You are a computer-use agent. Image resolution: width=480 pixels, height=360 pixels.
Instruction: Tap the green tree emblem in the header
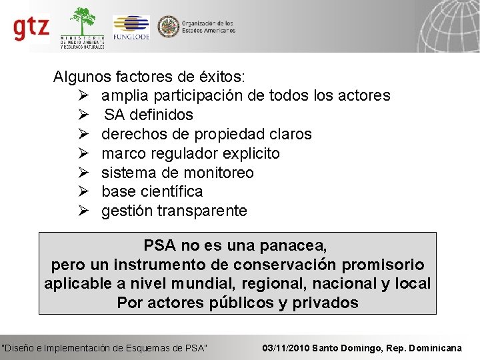coord(83,21)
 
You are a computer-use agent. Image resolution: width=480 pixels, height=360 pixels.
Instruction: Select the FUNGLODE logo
coord(131,27)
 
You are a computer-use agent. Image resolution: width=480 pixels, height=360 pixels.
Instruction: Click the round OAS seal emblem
coord(167,27)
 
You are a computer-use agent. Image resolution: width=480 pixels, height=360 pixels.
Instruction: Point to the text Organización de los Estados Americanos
coord(208,27)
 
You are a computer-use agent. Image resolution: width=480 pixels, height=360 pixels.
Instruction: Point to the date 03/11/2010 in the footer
coord(286,348)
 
